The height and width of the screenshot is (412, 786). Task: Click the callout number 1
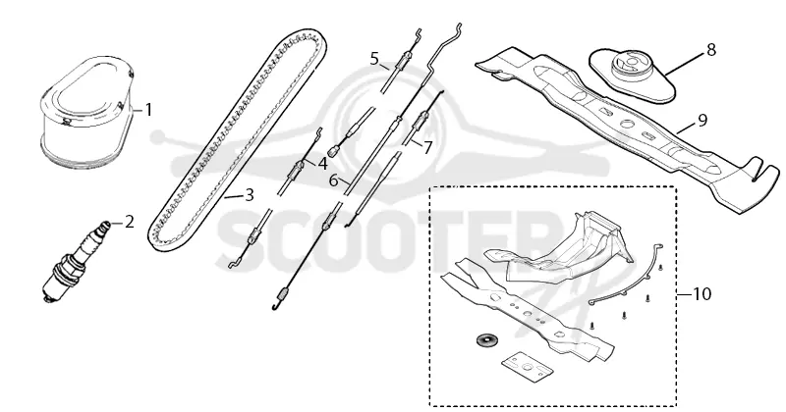click(x=148, y=110)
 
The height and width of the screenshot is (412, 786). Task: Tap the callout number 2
click(x=130, y=222)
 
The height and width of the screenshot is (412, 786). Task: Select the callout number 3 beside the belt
click(x=250, y=195)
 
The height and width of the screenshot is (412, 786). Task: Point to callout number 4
click(x=322, y=164)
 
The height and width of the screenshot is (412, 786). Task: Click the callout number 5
click(x=375, y=59)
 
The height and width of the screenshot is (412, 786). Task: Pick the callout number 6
click(x=334, y=180)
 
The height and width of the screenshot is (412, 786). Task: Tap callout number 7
click(x=427, y=148)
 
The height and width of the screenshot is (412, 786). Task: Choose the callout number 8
click(x=710, y=50)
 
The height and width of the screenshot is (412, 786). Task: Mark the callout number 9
click(x=702, y=120)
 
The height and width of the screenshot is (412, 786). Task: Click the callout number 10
click(x=702, y=294)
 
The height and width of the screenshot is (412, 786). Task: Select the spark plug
click(x=77, y=260)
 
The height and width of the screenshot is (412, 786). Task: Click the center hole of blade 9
click(x=625, y=124)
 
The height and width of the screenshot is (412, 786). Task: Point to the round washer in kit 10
click(x=484, y=339)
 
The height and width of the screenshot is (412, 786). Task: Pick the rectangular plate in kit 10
click(x=527, y=367)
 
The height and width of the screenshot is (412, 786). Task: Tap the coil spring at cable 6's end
click(x=282, y=296)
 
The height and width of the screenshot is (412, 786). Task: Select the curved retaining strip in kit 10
click(x=628, y=279)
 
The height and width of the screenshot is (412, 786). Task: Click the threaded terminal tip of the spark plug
click(x=106, y=225)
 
